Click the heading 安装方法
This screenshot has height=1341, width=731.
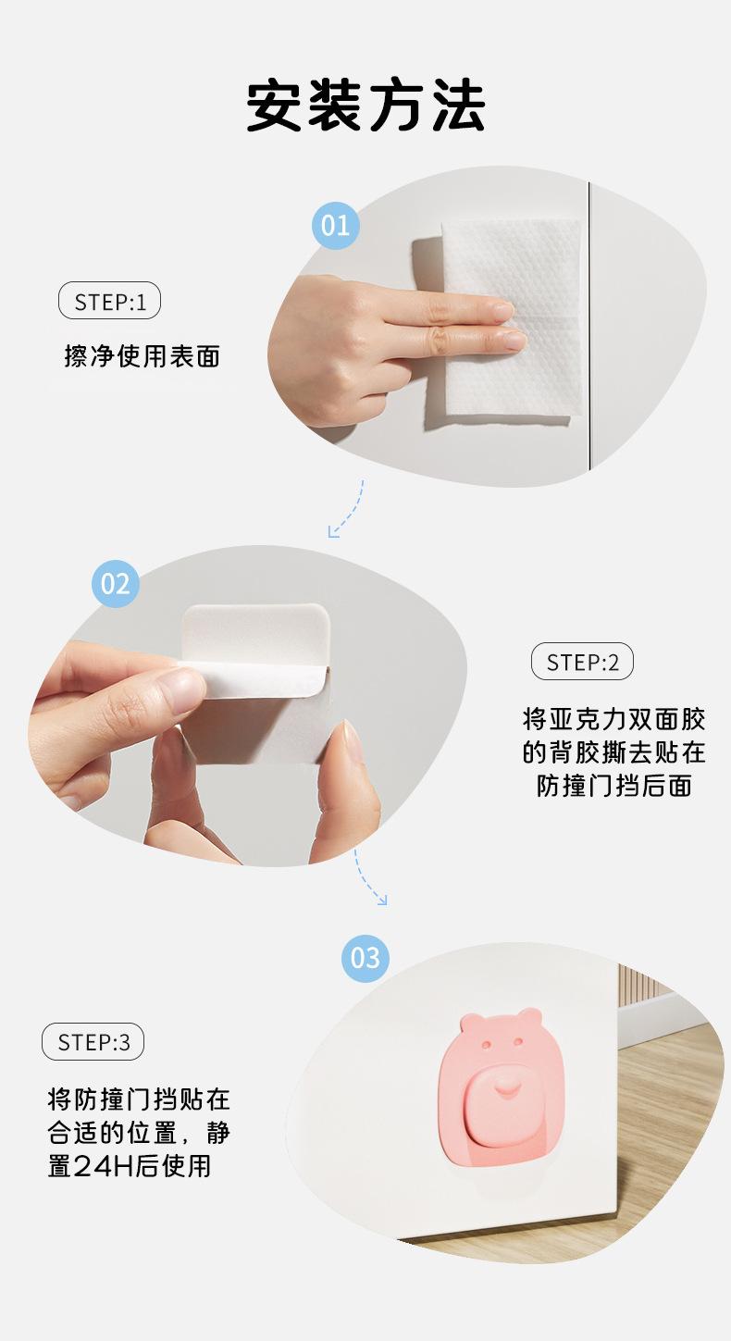(x=365, y=106)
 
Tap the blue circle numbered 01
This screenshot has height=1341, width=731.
(x=335, y=226)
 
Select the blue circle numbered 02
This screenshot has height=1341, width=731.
(x=116, y=584)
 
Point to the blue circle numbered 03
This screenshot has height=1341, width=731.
(x=365, y=959)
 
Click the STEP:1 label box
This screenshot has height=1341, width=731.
(x=109, y=301)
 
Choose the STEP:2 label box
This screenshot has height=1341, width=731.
(x=582, y=662)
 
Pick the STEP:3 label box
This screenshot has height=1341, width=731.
(x=93, y=1042)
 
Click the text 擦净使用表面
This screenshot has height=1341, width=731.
(x=142, y=356)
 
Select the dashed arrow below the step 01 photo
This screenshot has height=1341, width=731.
(x=349, y=509)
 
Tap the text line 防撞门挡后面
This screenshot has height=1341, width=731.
(x=614, y=786)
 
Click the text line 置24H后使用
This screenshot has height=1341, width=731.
(x=130, y=1166)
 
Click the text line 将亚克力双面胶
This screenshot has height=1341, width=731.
(x=614, y=719)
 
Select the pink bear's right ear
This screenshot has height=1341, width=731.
(x=529, y=1016)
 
